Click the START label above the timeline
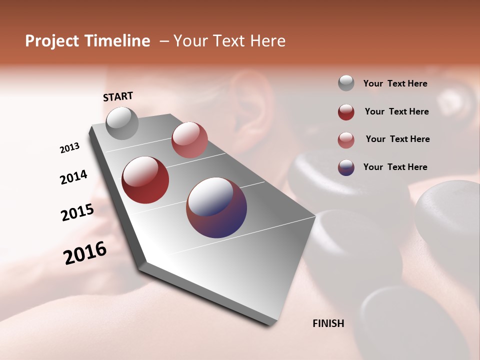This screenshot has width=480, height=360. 118,96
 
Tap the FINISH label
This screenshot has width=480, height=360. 328,323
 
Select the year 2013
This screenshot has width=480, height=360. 69,148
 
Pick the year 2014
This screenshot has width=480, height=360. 73,177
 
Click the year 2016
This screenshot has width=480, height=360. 85,253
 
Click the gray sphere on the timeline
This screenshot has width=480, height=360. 122,123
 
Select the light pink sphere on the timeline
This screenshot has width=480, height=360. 189,140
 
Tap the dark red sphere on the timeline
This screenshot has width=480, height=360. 145,180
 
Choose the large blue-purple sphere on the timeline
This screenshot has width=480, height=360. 216,207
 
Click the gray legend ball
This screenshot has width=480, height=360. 346,83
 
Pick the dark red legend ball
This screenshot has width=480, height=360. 346,112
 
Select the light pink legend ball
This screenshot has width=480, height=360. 346,140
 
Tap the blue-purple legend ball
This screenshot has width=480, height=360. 346,167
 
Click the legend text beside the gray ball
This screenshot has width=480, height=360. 395,83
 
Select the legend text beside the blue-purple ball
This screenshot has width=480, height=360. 395,167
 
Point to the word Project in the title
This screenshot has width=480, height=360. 52,41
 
